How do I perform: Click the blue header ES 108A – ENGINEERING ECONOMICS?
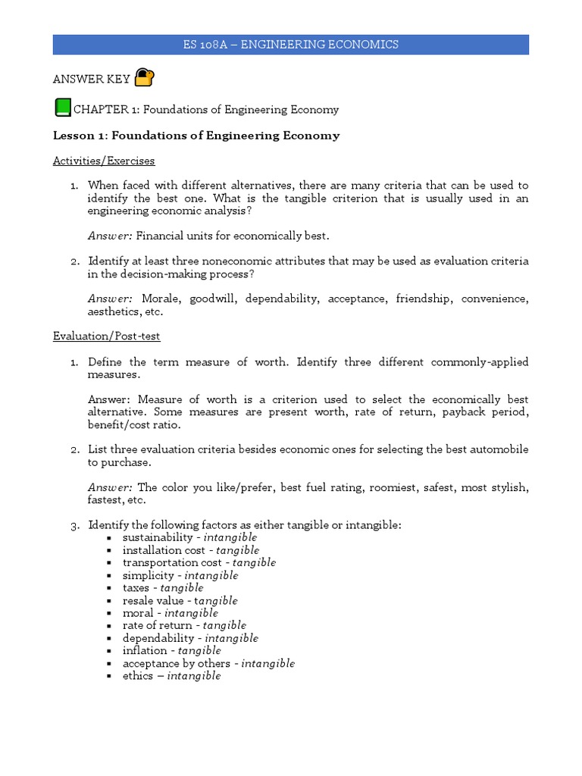pos(290,45)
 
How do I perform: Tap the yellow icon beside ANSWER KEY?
pos(144,77)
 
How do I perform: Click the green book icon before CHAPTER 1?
pos(61,108)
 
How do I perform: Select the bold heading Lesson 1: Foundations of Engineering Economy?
pos(196,136)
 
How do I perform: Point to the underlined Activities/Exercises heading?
pos(104,161)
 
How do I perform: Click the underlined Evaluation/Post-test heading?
pos(106,336)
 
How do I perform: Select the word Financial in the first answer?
pos(160,236)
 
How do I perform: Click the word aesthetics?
pos(114,311)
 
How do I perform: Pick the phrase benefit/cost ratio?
pos(134,424)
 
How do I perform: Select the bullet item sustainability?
pos(158,537)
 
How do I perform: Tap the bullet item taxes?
pos(137,587)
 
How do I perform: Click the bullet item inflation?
pos(145,650)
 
